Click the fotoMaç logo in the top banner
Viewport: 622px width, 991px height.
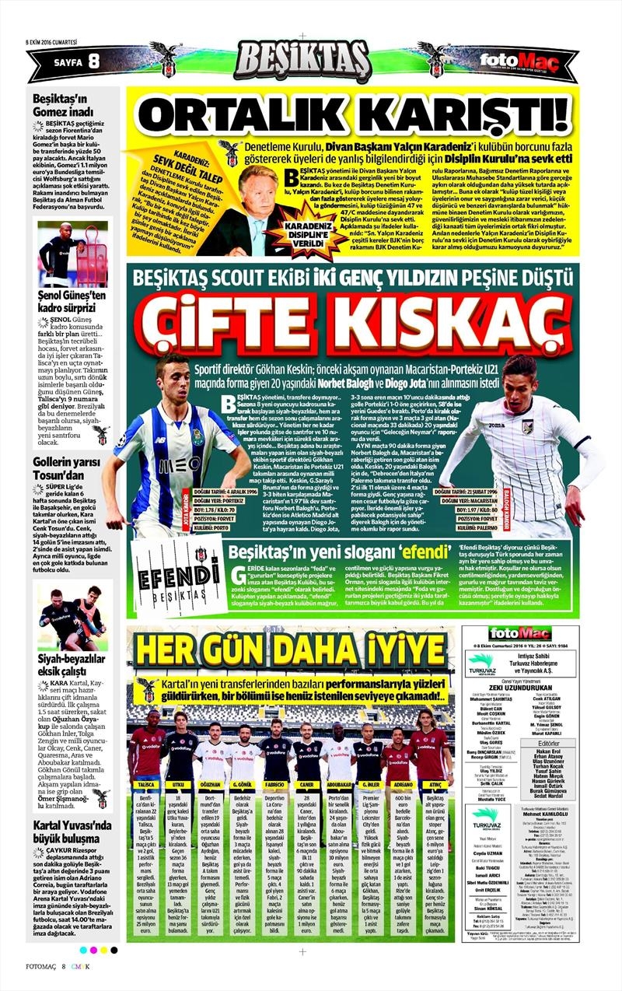pyautogui.click(x=508, y=61)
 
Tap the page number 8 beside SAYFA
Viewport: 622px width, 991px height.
pyautogui.click(x=93, y=61)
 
